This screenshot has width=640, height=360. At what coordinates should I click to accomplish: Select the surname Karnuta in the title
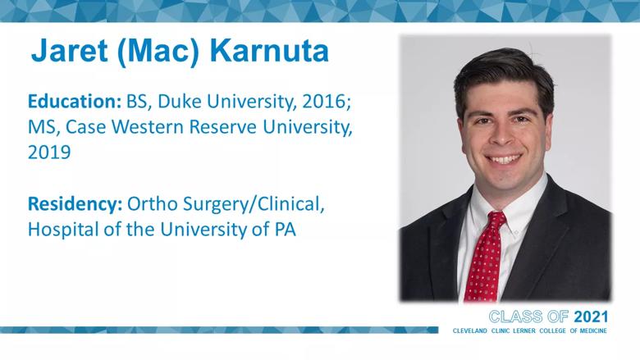pyautogui.click(x=269, y=51)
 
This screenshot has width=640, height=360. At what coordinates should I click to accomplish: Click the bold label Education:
pyautogui.click(x=75, y=101)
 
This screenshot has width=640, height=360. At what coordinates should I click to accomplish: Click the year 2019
pyautogui.click(x=49, y=153)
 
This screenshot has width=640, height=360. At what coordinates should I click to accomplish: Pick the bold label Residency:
pyautogui.click(x=75, y=204)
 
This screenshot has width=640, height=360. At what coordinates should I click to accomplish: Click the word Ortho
pyautogui.click(x=153, y=204)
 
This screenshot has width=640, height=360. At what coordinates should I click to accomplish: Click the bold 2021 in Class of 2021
pyautogui.click(x=591, y=317)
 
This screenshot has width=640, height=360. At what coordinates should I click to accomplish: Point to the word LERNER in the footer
pyautogui.click(x=523, y=330)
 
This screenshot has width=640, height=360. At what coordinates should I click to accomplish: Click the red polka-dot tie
pyautogui.click(x=486, y=256)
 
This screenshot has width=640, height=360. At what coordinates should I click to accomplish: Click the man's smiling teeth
pyautogui.click(x=503, y=159)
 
